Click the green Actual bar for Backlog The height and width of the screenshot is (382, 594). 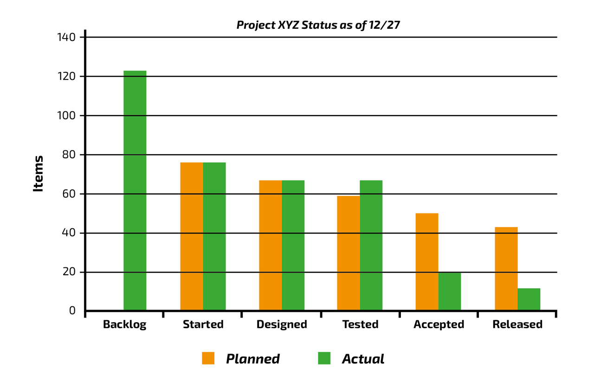click(x=135, y=190)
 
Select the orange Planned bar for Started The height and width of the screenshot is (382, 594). click(x=192, y=236)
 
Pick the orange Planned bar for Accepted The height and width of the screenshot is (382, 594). click(x=427, y=262)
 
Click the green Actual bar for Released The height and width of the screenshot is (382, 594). click(x=529, y=299)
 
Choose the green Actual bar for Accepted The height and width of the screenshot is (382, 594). click(x=450, y=291)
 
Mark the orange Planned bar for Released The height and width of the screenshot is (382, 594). click(x=506, y=269)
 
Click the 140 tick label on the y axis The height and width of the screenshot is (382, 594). click(x=65, y=37)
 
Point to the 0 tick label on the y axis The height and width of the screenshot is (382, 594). click(x=72, y=310)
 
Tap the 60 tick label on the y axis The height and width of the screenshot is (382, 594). click(x=69, y=194)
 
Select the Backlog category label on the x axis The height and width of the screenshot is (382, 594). click(x=124, y=324)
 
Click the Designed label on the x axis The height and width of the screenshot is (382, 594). click(x=282, y=324)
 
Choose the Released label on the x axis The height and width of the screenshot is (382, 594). click(x=517, y=324)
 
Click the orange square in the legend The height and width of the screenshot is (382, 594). click(x=208, y=358)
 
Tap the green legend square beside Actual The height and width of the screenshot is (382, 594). click(x=324, y=358)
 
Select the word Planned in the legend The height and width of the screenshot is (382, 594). click(x=253, y=359)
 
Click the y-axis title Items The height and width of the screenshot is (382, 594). click(x=39, y=174)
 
